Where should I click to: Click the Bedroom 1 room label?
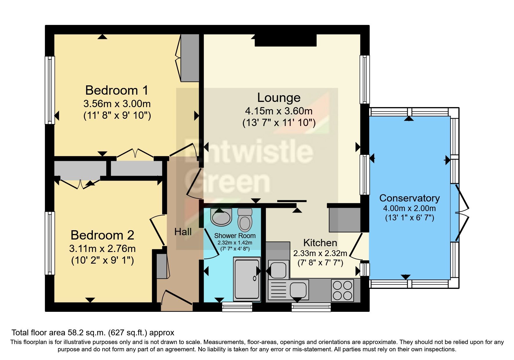pos(117,90)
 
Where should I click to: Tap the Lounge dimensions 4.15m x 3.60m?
pos(279,111)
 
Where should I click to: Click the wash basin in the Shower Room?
pos(221,217)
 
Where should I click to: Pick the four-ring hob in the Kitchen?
pos(342,290)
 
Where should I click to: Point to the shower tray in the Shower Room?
pos(247,279)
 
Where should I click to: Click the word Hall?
pos(183,232)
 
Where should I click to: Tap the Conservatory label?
pos(409,198)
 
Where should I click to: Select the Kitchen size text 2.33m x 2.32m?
pos(320,253)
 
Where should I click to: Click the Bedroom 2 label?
pos(102,235)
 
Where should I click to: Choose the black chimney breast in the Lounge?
pos(286,40)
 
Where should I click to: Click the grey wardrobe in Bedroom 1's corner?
pos(190,58)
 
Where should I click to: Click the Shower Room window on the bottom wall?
pos(237,307)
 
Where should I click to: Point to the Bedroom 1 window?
pos(50,90)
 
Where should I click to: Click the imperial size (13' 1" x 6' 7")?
pos(409,218)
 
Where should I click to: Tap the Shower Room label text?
pos(235,236)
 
